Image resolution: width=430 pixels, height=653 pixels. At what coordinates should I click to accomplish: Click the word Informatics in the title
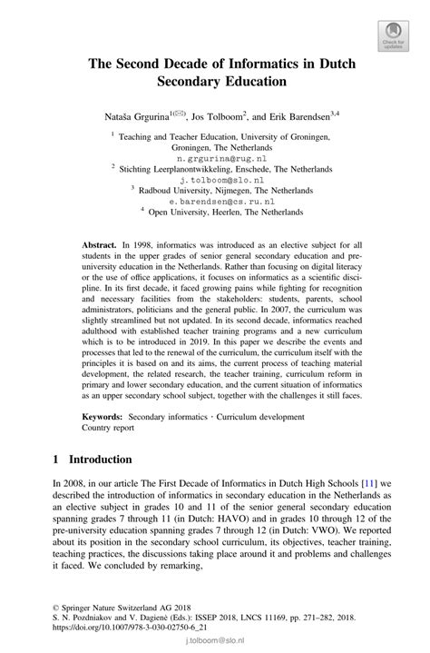pos(261,64)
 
